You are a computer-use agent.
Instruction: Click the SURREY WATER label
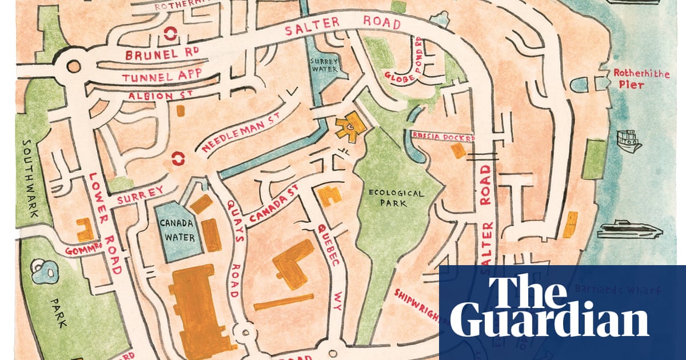point(324,65)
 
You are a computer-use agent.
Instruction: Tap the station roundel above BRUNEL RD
point(170,34)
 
